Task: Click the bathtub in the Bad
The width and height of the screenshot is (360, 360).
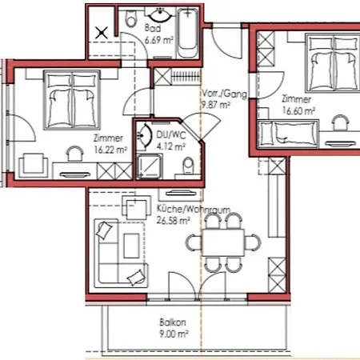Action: [x=188, y=33]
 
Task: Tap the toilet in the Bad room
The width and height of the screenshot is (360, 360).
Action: [x=131, y=19]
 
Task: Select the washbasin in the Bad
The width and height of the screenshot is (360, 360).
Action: [x=160, y=15]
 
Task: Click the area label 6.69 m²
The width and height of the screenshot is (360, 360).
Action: [x=159, y=40]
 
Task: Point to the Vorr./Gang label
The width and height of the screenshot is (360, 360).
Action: [x=224, y=94]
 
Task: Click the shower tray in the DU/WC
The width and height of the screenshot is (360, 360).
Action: [x=150, y=166]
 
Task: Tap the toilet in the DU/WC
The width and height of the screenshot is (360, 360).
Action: [x=189, y=166]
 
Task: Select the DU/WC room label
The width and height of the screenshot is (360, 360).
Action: [x=171, y=135]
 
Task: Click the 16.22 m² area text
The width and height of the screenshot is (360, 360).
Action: [x=110, y=150]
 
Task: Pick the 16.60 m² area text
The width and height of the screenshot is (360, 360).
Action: [x=298, y=110]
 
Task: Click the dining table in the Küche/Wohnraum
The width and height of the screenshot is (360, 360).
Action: [x=223, y=242]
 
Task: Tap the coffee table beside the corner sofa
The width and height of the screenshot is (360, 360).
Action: [x=131, y=246]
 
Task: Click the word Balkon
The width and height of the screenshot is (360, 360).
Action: [x=173, y=322]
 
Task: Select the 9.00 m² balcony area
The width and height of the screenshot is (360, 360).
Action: [x=174, y=334]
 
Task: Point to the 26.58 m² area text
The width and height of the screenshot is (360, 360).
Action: [x=174, y=221]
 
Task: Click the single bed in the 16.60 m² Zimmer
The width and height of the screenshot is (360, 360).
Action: [x=289, y=134]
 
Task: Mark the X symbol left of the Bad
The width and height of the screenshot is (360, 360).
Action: [x=102, y=33]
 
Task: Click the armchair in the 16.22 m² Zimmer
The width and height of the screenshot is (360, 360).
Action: [x=34, y=166]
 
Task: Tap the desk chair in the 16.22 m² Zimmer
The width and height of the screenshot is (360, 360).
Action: [x=74, y=154]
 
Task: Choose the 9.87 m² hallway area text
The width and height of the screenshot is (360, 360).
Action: [x=215, y=105]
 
